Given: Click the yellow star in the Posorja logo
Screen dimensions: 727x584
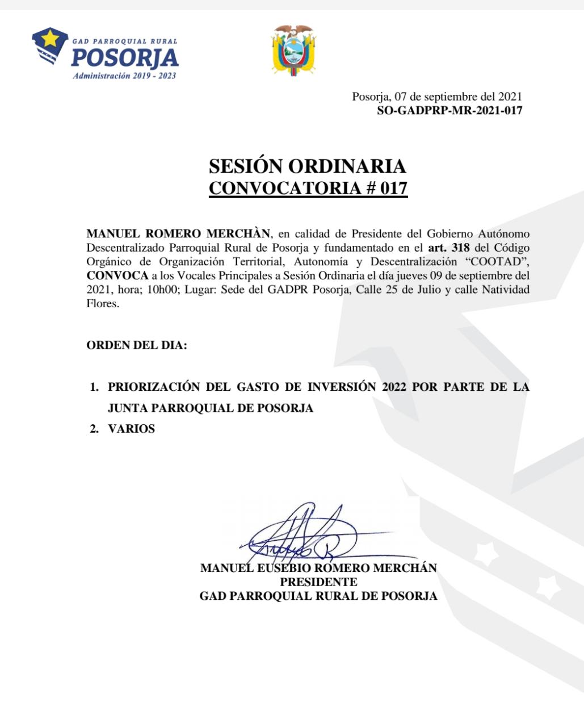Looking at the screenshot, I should pyautogui.click(x=51, y=39).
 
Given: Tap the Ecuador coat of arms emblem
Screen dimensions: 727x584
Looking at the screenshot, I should pyautogui.click(x=293, y=50).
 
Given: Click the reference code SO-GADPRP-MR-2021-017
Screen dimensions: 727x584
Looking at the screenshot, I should pyautogui.click(x=449, y=111).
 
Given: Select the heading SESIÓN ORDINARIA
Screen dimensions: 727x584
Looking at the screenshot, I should pyautogui.click(x=308, y=166).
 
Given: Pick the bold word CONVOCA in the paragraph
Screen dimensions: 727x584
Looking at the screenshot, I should pyautogui.click(x=117, y=275).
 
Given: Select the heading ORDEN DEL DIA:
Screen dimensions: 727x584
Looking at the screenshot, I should pyautogui.click(x=136, y=345).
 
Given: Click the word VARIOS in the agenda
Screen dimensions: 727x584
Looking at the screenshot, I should pyautogui.click(x=131, y=429).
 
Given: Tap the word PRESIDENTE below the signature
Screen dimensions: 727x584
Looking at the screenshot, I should pyautogui.click(x=318, y=582).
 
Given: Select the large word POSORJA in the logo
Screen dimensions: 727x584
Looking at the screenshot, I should pyautogui.click(x=125, y=58).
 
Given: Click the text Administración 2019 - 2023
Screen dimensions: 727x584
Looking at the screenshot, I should pyautogui.click(x=124, y=76).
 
